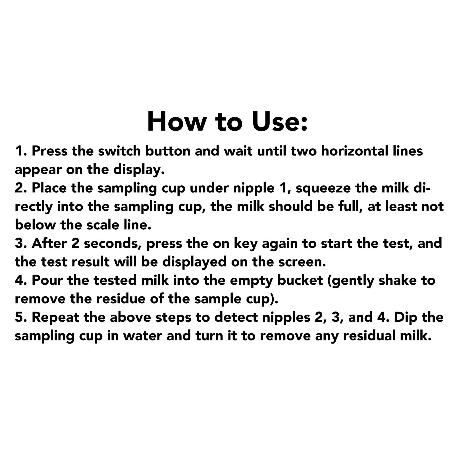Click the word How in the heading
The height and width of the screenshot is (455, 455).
tap(177, 121)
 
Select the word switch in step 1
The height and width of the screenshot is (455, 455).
tap(119, 151)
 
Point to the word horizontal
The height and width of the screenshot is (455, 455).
tap(355, 151)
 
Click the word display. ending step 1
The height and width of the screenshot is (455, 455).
tap(139, 170)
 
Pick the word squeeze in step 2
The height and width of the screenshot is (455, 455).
tap(323, 188)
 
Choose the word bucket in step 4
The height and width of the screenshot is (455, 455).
tap(300, 281)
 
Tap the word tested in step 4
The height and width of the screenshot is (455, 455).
tap(115, 281)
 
